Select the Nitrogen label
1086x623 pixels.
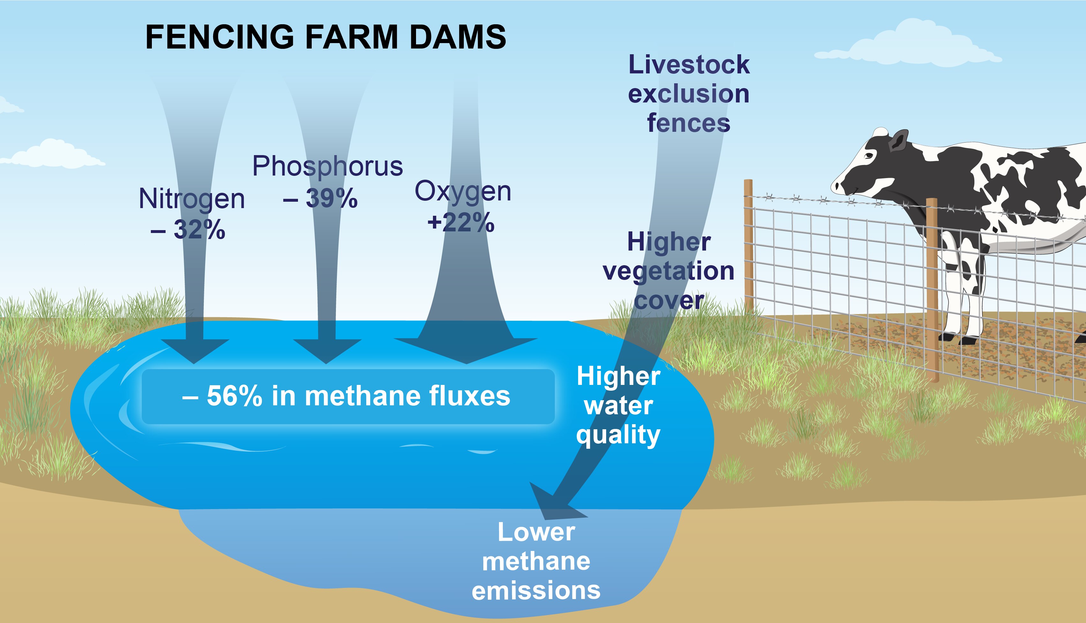[192, 199]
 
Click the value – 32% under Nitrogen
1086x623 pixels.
[188, 230]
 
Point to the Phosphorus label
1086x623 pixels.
[327, 167]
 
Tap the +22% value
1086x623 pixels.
[461, 223]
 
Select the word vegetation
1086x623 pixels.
[668, 271]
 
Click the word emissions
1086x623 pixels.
[536, 590]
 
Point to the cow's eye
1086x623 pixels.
[869, 156]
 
